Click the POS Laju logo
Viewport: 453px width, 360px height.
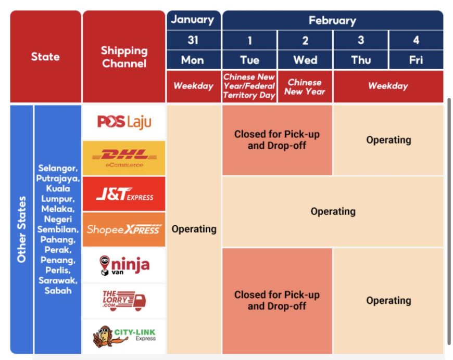click(124, 122)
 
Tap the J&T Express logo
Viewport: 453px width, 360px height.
click(124, 194)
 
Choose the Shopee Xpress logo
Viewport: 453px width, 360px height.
click(124, 229)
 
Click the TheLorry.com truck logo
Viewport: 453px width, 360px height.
click(124, 301)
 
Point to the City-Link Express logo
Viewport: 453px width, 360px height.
click(124, 336)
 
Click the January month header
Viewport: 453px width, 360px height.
click(194, 20)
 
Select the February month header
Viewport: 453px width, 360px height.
click(333, 20)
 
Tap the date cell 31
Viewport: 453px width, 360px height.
click(194, 40)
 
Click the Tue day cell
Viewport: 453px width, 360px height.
click(249, 60)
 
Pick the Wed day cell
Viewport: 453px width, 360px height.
click(305, 60)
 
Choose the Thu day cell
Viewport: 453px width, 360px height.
click(361, 60)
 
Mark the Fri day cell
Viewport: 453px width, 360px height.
click(416, 60)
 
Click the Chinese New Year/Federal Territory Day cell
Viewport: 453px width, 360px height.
click(249, 86)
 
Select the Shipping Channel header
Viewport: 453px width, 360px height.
click(124, 57)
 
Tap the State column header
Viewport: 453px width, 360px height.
click(46, 57)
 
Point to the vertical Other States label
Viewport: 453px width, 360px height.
click(21, 229)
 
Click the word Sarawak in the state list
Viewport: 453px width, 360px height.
click(58, 280)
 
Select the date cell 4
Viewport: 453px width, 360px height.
click(416, 40)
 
